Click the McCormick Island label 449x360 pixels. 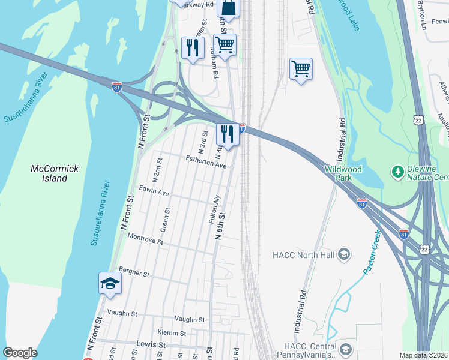(55, 173)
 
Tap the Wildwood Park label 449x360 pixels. (343, 173)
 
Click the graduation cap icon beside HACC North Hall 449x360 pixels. (343, 255)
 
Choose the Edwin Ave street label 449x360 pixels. (154, 193)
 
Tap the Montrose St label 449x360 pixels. (145, 240)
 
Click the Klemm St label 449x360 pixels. (171, 333)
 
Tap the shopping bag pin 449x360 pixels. (228, 8)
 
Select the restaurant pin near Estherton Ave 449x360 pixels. (227, 134)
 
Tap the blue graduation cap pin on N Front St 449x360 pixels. (110, 283)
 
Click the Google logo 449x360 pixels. (20, 353)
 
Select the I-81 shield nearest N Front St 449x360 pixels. (117, 88)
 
